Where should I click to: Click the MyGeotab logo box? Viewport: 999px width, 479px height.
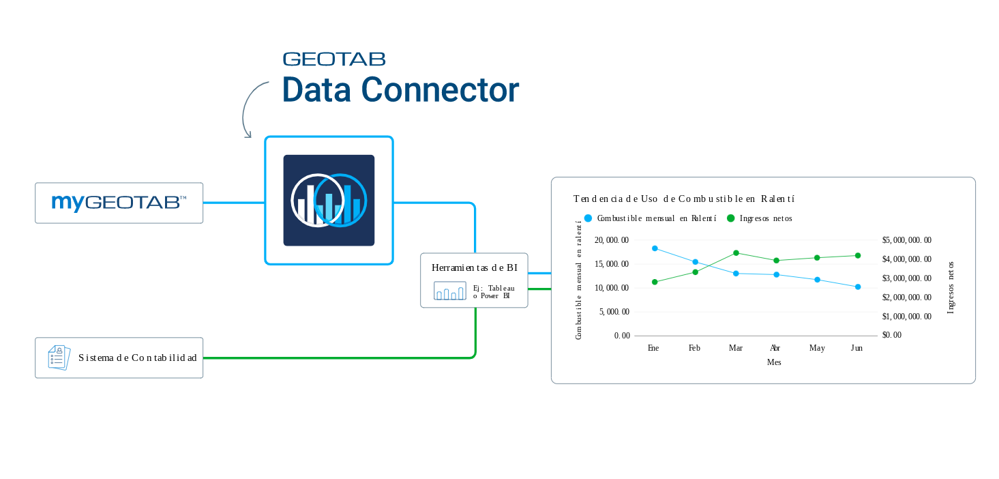coord(119,203)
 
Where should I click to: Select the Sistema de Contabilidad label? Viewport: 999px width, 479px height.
coord(137,358)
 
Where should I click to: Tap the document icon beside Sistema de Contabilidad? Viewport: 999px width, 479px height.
coord(59,358)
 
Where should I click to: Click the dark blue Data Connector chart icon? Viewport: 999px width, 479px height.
coord(329,201)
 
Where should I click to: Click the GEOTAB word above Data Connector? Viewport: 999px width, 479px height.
coord(334,59)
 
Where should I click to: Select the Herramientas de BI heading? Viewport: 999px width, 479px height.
coord(474,267)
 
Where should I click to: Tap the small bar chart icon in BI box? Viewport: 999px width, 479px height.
coord(450,291)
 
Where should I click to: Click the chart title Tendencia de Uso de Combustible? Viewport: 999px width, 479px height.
coord(684,199)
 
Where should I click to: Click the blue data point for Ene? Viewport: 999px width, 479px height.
coord(655,248)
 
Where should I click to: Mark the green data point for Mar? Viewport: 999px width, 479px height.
coord(736,253)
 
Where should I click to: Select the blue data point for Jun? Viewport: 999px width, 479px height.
coord(858,287)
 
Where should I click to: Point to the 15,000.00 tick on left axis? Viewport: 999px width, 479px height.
coord(612,264)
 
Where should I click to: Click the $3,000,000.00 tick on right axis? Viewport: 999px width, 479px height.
coord(906,278)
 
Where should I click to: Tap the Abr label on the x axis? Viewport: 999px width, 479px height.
coord(775,348)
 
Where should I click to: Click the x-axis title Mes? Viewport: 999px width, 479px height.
coord(774,362)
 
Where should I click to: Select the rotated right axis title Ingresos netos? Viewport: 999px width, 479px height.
coord(951,287)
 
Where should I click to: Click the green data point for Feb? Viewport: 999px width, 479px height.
coord(696,272)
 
